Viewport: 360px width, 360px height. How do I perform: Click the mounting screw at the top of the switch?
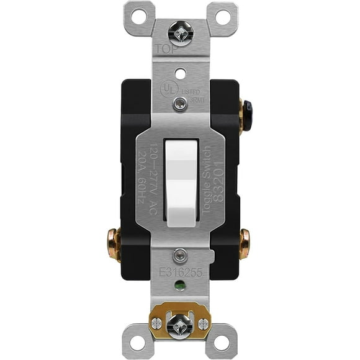coord(180,31)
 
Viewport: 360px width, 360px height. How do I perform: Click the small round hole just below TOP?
coord(180,73)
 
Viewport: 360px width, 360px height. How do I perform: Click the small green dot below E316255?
coord(180,287)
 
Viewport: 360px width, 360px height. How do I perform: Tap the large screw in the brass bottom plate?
coord(180,323)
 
